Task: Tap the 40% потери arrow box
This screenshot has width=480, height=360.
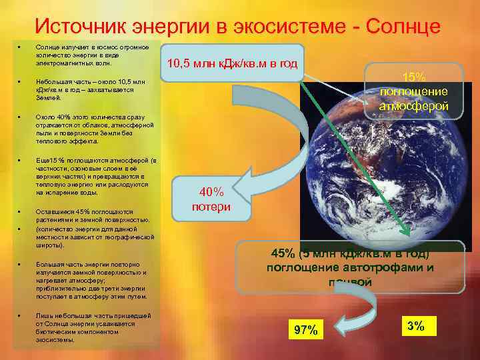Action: pyautogui.click(x=211, y=199)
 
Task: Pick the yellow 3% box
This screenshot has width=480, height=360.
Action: pyautogui.click(x=416, y=326)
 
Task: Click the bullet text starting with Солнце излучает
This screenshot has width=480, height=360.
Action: pyautogui.click(x=96, y=57)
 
